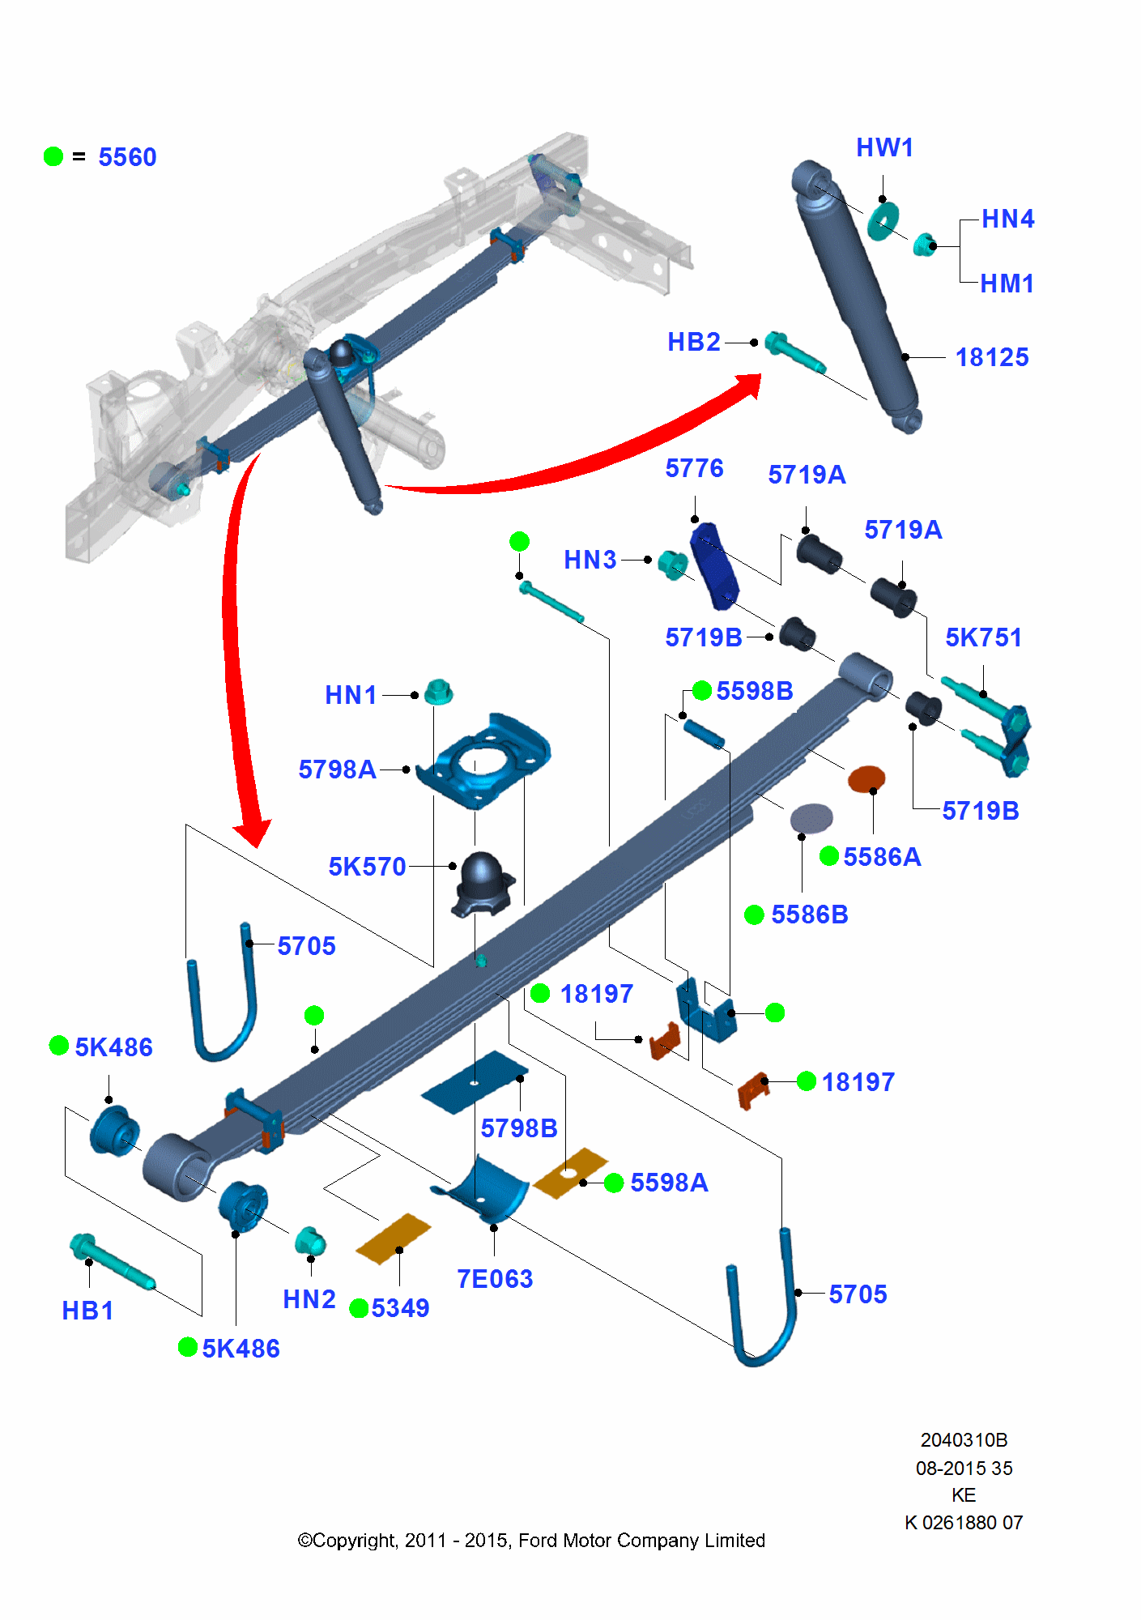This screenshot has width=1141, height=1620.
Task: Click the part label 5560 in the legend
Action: point(127,157)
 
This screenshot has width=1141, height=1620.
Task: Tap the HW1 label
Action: point(885,147)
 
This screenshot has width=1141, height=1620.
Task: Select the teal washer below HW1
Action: point(883,221)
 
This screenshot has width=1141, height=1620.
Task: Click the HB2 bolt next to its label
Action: point(795,353)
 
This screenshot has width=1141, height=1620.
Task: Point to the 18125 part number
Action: point(992,357)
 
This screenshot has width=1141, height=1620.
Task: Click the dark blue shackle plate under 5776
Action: point(714,565)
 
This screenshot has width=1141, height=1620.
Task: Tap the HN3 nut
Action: point(672,565)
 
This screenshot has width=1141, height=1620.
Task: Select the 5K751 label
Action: point(984,637)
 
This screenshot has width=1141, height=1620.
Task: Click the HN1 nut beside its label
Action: point(438,693)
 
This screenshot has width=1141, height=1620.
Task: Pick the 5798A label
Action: point(337,769)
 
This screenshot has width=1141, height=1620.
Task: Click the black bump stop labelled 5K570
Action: point(483,884)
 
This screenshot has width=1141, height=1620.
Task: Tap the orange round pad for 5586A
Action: point(866,779)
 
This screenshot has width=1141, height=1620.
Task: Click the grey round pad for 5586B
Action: point(811,818)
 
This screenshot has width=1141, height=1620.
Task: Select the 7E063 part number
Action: point(495,1279)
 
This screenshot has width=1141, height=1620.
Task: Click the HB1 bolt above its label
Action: point(112,1261)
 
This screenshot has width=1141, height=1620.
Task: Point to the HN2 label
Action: point(309,1299)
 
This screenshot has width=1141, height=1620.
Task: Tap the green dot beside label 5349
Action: point(359,1308)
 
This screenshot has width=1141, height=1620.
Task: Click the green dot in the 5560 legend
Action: point(53,156)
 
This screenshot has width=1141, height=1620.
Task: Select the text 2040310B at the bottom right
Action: point(964,1440)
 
